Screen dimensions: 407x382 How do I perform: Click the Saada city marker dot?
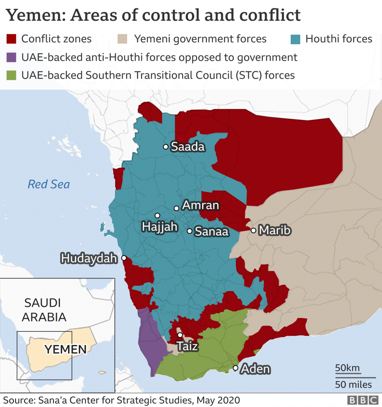click(x=166, y=147)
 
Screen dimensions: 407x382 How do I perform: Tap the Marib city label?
click(x=275, y=231)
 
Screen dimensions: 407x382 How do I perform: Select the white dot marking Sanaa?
click(x=190, y=231)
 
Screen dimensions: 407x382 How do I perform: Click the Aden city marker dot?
click(x=235, y=368)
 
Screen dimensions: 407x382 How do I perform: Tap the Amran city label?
click(x=200, y=205)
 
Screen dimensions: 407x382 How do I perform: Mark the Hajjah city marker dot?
click(x=157, y=215)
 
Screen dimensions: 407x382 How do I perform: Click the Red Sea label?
click(x=48, y=184)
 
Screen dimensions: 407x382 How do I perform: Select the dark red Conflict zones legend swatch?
click(x=12, y=39)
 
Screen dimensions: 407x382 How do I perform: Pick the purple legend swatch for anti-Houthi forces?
click(x=12, y=57)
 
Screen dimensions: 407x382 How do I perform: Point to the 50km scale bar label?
click(x=347, y=368)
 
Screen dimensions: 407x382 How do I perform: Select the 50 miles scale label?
click(x=353, y=384)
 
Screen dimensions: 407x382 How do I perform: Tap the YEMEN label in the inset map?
click(x=65, y=350)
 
